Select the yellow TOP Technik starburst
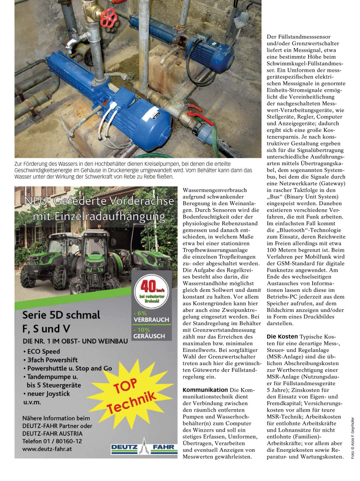tap(131, 393)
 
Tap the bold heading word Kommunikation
tap(205, 390)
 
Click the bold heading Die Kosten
tap(282, 336)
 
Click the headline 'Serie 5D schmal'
tap(61, 315)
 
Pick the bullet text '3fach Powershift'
tap(52, 360)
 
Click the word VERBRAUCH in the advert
tap(153, 320)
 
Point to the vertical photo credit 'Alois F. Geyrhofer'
tap(353, 439)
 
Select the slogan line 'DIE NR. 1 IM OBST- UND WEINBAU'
tap(75, 341)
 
